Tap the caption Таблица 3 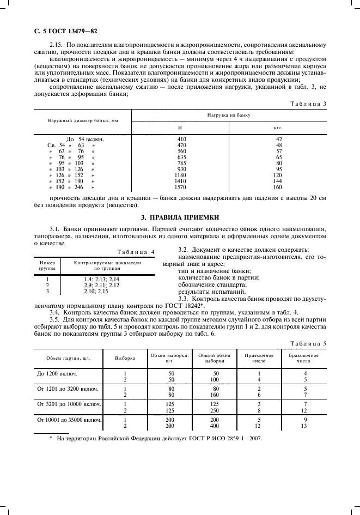pyautogui.click(x=308, y=104)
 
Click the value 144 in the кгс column pyautogui.click(x=278, y=180)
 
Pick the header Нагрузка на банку pyautogui.click(x=229, y=116)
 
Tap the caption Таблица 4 pyautogui.click(x=136, y=251)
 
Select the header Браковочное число pyautogui.click(x=303, y=358)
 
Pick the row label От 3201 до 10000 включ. pyautogui.click(x=69, y=404)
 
